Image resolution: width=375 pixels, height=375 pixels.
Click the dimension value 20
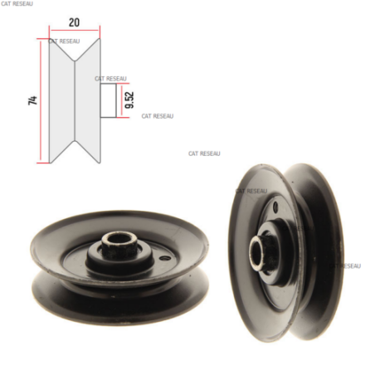point(74,22)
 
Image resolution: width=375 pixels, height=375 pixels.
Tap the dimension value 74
point(32,100)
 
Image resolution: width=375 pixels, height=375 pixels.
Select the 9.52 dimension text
point(129,100)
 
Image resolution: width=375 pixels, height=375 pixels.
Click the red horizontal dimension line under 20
point(75,30)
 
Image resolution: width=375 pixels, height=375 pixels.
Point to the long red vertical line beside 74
point(41,100)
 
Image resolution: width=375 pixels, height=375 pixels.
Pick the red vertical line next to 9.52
point(121,100)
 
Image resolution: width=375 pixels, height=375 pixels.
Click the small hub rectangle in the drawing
point(108,100)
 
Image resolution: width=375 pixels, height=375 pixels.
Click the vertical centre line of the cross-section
point(75,100)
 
